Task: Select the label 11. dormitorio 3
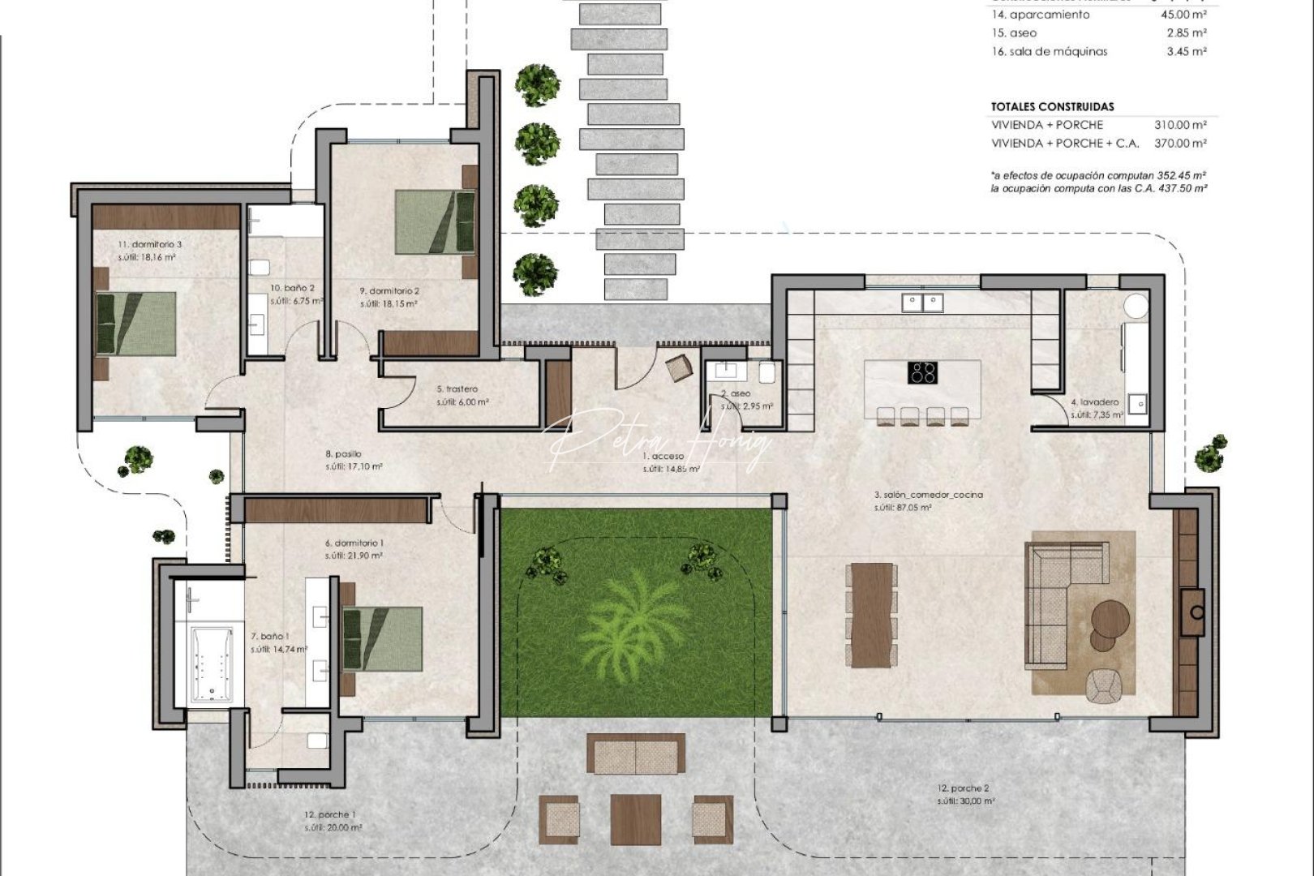click(x=150, y=244)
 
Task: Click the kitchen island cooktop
click(x=923, y=373)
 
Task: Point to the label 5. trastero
click(x=457, y=389)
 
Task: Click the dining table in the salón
click(x=871, y=615)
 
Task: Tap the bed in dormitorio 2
click(x=434, y=222)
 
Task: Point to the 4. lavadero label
click(x=1094, y=402)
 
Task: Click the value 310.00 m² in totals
click(x=1180, y=125)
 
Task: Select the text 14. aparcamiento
click(x=1041, y=15)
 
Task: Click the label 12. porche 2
click(x=963, y=788)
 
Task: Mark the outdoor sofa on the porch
click(x=636, y=754)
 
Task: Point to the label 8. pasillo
click(x=343, y=454)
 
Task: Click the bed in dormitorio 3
click(x=135, y=323)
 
